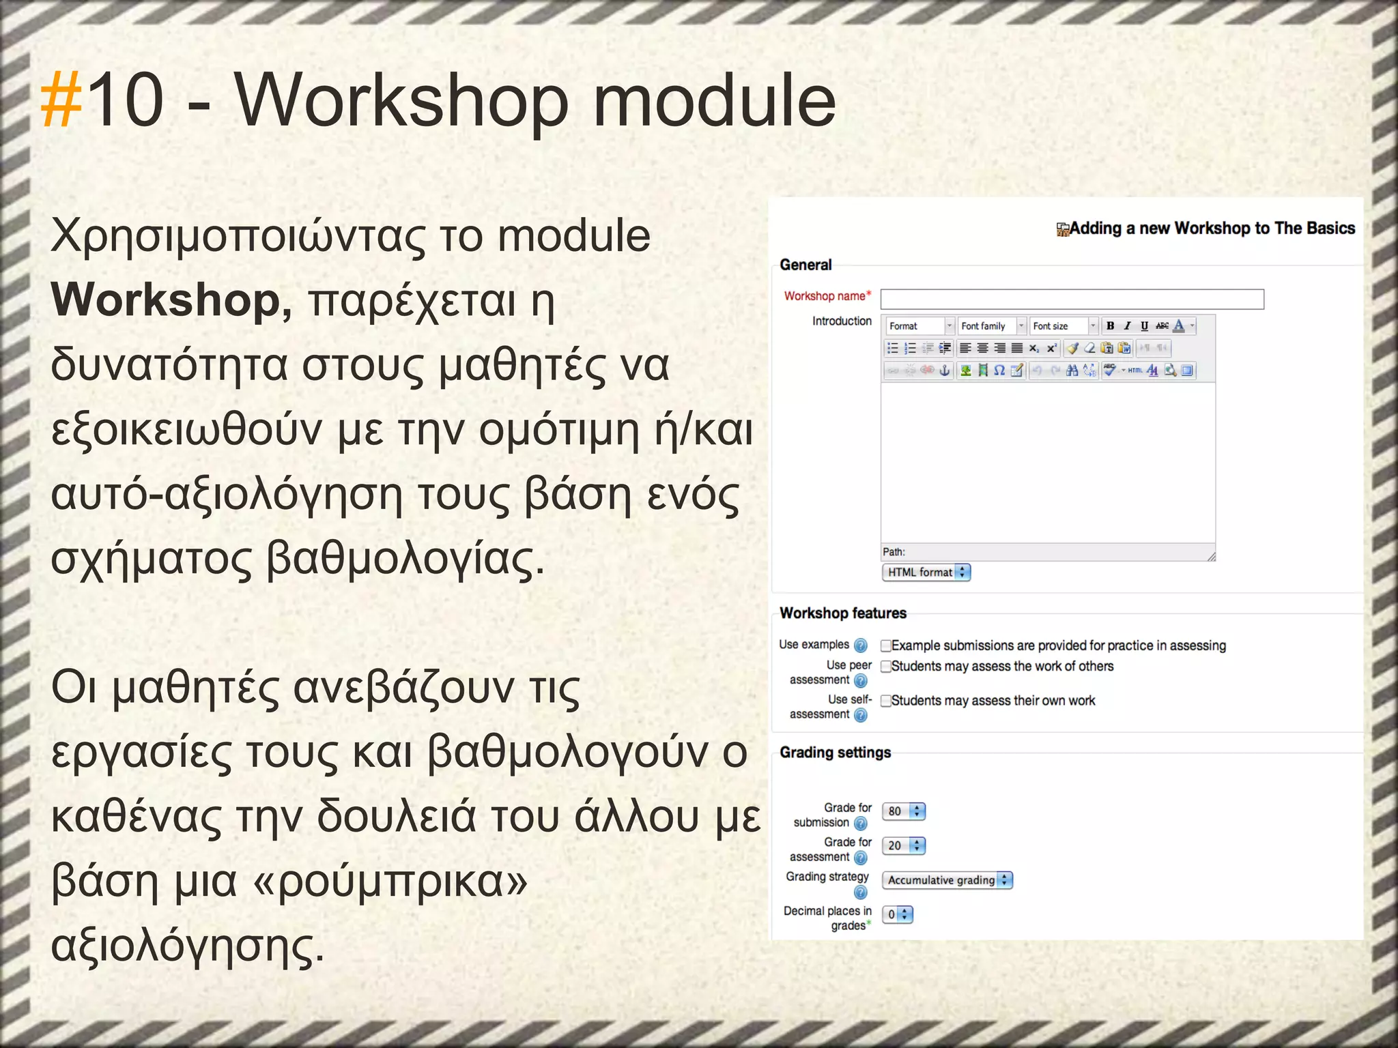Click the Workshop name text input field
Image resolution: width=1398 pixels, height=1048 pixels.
[x=1072, y=299]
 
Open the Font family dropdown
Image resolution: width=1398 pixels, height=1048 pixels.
[x=992, y=326]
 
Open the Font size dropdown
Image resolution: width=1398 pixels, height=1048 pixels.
[x=1064, y=326]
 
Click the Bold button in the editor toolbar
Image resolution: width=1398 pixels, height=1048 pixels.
[x=1110, y=326]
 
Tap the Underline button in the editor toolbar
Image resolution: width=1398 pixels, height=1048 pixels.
[x=1145, y=326]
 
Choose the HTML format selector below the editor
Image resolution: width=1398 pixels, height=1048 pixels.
[x=926, y=572]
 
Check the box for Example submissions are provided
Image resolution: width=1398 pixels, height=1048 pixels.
[x=886, y=645]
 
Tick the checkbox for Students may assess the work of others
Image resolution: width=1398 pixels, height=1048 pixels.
[x=886, y=667]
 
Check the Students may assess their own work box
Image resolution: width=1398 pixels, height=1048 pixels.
[x=886, y=701]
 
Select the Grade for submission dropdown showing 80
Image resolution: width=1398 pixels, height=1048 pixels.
[x=903, y=811]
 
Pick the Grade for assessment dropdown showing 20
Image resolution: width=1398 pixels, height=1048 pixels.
[x=903, y=846]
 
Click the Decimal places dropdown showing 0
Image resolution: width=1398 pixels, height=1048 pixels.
[x=897, y=914]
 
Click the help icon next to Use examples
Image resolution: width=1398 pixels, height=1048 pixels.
[x=861, y=645]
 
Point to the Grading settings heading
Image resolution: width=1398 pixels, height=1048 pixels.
[x=835, y=753]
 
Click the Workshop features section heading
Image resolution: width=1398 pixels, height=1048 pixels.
[x=843, y=613]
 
